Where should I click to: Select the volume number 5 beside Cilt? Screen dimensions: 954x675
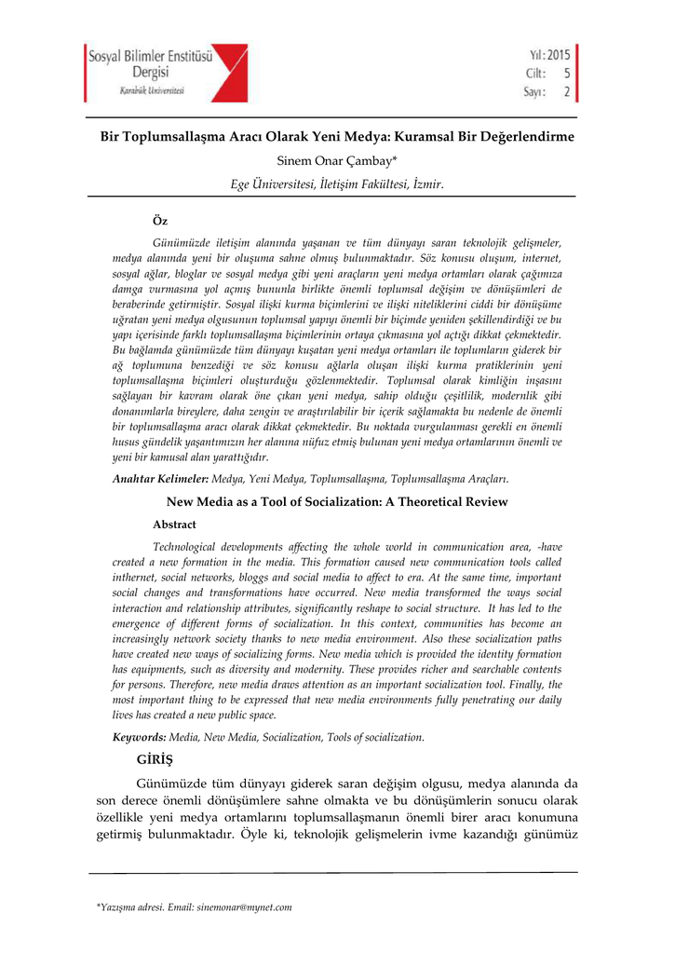click(566, 74)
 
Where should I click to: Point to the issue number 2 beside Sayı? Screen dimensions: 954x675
click(566, 91)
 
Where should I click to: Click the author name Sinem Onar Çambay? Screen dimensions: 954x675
click(336, 162)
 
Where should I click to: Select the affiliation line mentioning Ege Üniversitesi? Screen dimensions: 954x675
click(336, 184)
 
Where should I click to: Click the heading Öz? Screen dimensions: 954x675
click(159, 221)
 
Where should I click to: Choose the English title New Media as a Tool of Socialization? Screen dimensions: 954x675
click(336, 502)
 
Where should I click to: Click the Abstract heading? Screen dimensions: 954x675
click(174, 525)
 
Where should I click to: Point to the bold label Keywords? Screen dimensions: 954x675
click(140, 737)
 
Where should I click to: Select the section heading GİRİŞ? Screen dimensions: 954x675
click(156, 760)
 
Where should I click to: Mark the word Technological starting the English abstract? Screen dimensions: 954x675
click(191, 547)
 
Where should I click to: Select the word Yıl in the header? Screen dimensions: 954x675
click(533, 55)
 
